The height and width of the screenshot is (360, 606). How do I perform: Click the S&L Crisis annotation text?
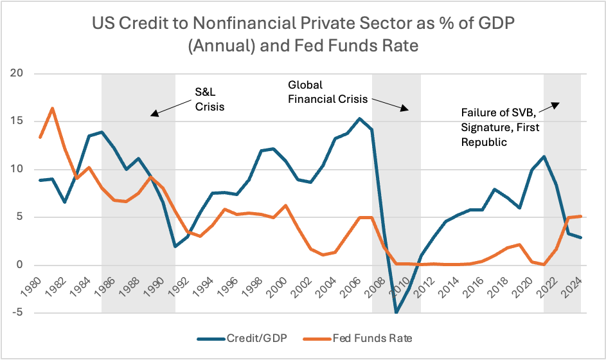tap(209, 99)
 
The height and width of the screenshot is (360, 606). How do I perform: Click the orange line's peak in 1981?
tap(52, 108)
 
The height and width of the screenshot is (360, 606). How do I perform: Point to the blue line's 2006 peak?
tap(359, 118)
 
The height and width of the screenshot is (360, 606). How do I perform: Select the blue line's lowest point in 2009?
tap(397, 313)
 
